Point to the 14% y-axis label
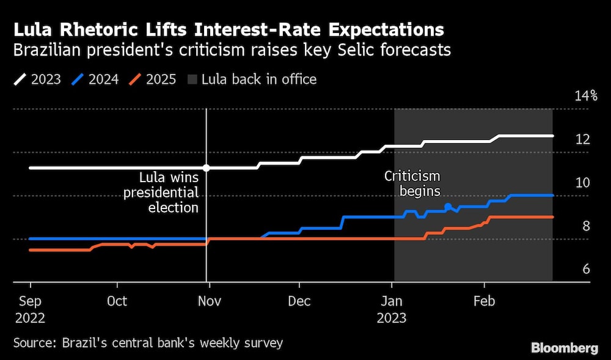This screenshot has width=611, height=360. [585, 96]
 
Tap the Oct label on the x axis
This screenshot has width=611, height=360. [117, 301]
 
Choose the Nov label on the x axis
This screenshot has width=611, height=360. [208, 301]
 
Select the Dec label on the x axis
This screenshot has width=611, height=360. [299, 301]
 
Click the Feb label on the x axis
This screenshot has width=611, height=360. [484, 301]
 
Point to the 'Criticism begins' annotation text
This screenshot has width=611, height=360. [412, 183]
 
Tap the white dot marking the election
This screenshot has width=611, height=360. [207, 167]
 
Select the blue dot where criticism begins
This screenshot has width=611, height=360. [448, 207]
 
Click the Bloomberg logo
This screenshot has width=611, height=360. [565, 348]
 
